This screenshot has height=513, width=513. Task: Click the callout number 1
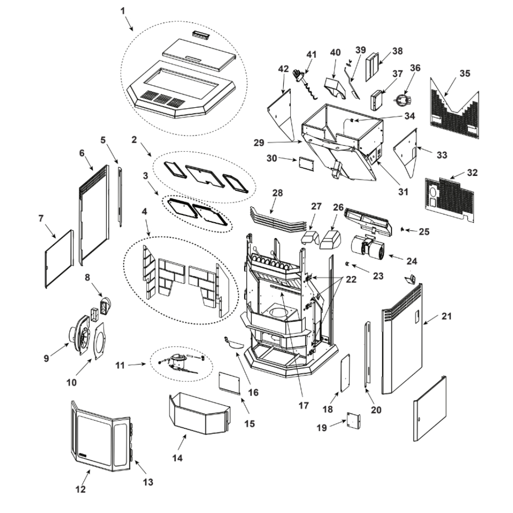(123, 11)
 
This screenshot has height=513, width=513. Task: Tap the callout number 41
(312, 54)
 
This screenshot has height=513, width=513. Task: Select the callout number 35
(464, 73)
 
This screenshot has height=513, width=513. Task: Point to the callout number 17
(303, 405)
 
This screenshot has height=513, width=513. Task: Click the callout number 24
(412, 261)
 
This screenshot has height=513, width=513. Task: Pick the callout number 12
(81, 489)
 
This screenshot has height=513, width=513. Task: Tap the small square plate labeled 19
(352, 420)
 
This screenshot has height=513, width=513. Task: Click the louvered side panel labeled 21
(403, 349)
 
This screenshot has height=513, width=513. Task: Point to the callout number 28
(278, 193)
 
